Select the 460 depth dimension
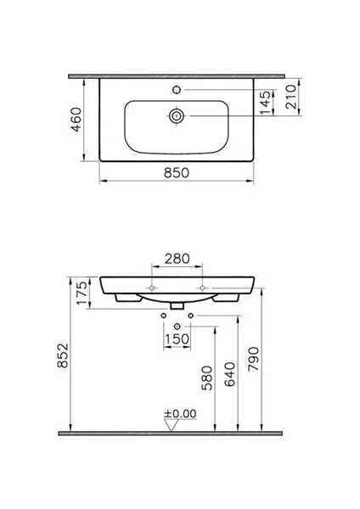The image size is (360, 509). coord(75,120)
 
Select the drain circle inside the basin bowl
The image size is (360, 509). coord(176,115)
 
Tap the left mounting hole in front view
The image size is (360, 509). coord(151,288)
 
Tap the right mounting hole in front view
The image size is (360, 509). coord(204,288)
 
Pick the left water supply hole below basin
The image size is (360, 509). coord(162,316)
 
